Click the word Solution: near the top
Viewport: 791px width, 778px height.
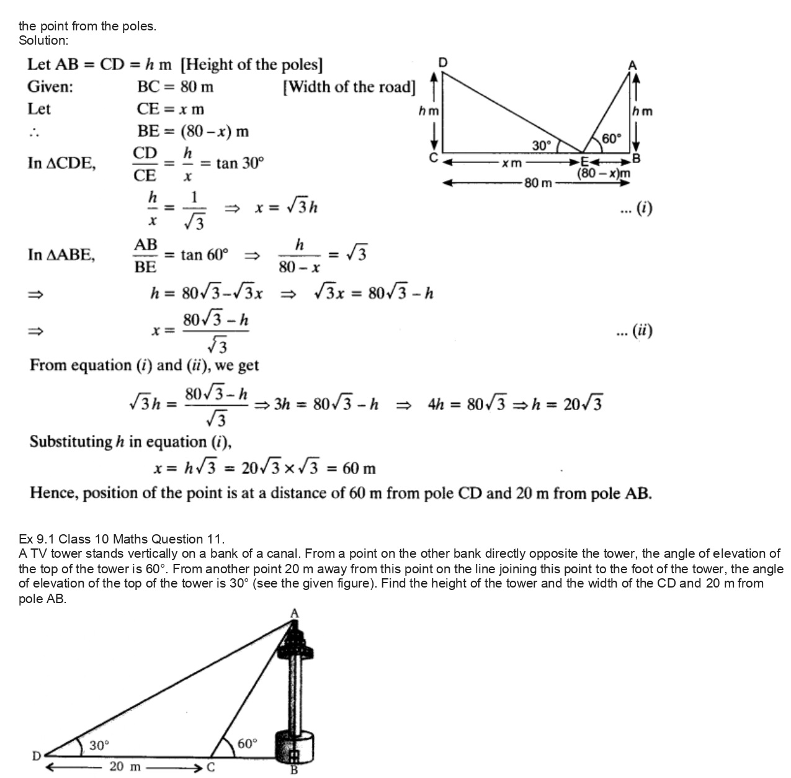pyautogui.click(x=43, y=40)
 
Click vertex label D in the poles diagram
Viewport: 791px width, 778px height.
pyautogui.click(x=443, y=62)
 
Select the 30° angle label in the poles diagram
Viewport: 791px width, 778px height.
pyautogui.click(x=542, y=145)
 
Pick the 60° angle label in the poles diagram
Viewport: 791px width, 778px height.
pyautogui.click(x=611, y=138)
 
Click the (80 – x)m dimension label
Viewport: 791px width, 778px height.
pyautogui.click(x=604, y=174)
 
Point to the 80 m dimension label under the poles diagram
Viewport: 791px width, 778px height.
pyautogui.click(x=538, y=183)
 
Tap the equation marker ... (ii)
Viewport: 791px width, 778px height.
pyautogui.click(x=635, y=331)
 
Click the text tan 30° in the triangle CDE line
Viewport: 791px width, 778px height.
pyautogui.click(x=240, y=163)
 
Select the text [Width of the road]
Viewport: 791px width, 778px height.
pyautogui.click(x=349, y=87)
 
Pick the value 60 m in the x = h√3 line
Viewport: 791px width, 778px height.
pyautogui.click(x=359, y=468)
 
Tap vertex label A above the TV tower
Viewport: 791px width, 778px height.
pyautogui.click(x=295, y=613)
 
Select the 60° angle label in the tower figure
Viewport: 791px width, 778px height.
pyautogui.click(x=246, y=743)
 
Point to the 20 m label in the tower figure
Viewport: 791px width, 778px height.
pyautogui.click(x=125, y=767)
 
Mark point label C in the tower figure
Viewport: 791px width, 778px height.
pyautogui.click(x=210, y=767)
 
